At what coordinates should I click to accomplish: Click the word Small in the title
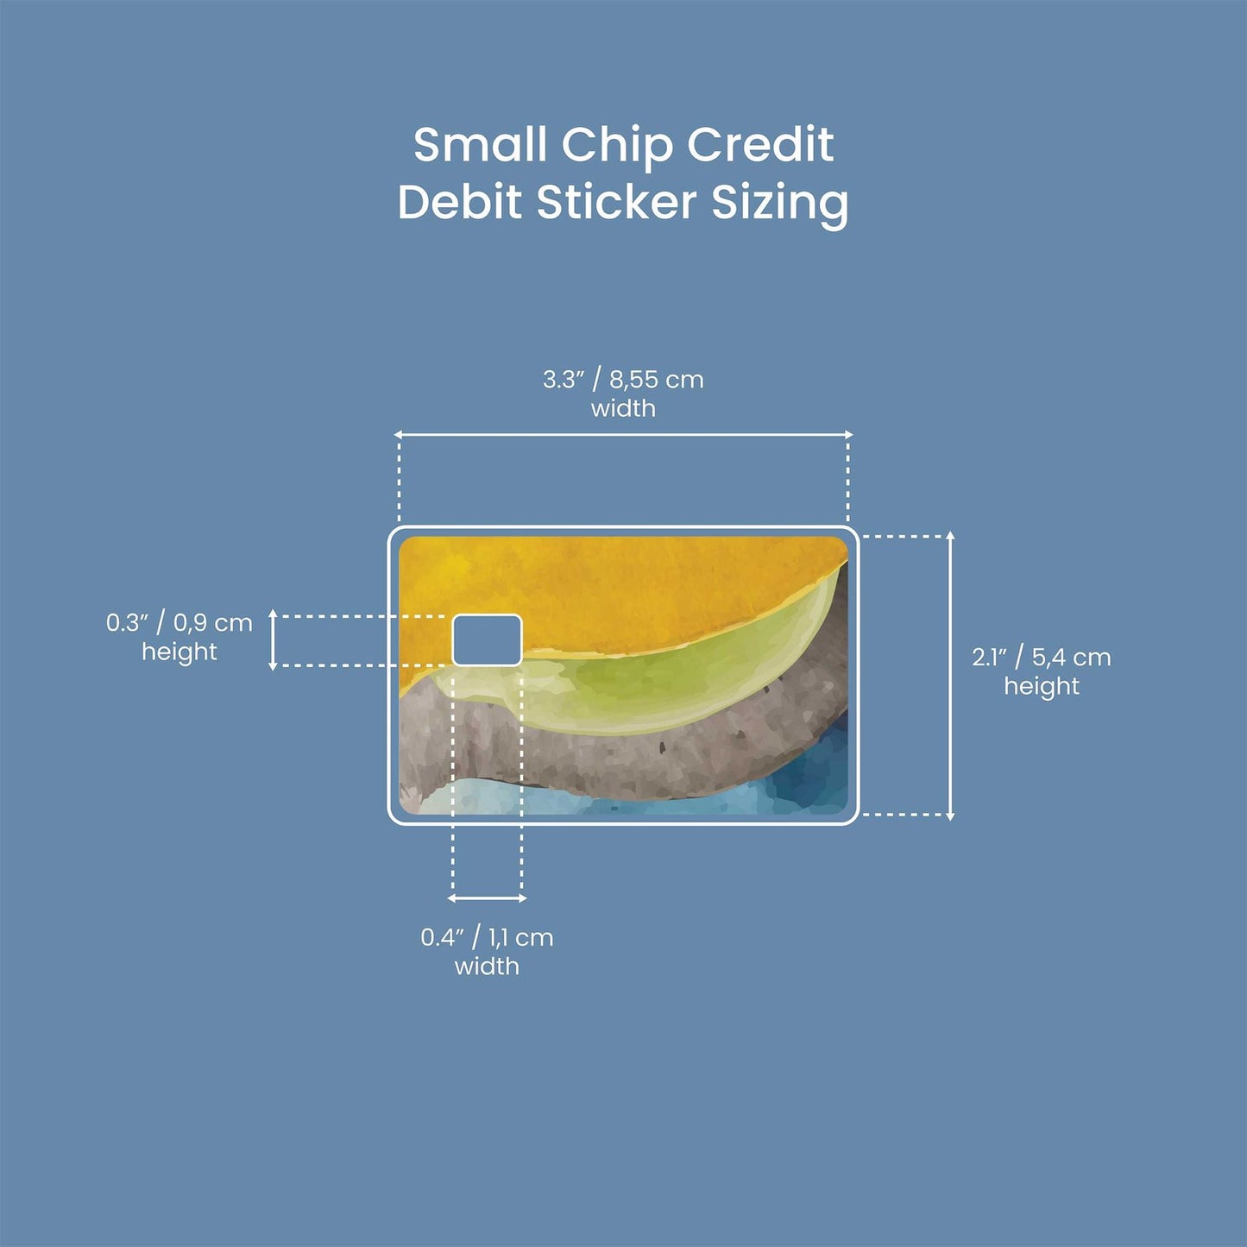tap(480, 144)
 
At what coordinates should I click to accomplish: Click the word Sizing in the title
tap(780, 205)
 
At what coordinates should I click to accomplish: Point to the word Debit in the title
tap(459, 202)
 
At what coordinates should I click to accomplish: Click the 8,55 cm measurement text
tap(656, 380)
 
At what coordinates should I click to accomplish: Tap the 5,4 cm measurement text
tap(1072, 658)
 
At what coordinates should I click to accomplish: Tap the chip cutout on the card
tap(487, 640)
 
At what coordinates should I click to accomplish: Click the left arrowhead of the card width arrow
tap(399, 435)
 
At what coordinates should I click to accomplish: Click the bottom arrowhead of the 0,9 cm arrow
tap(273, 666)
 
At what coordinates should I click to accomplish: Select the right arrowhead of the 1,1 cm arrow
tap(522, 898)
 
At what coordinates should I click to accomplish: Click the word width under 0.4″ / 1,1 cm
tap(487, 967)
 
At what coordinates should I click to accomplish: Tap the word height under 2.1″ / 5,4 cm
tap(1042, 687)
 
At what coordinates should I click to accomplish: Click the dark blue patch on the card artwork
tap(816, 770)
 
